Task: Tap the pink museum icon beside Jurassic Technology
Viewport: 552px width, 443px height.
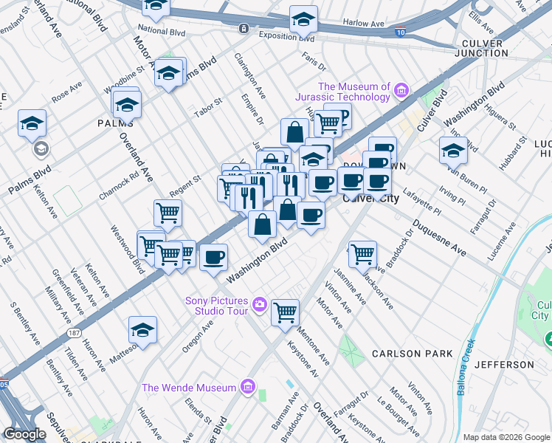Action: coord(401,91)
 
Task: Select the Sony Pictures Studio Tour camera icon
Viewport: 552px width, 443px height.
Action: coord(259,303)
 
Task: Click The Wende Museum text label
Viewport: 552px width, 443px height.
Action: coord(189,388)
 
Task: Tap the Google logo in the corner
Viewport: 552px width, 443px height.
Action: coord(24,434)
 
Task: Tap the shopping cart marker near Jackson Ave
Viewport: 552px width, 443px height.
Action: coord(362,254)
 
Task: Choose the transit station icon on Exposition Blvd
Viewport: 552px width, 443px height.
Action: coord(244,28)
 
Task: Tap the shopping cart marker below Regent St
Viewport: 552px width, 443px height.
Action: coord(168,213)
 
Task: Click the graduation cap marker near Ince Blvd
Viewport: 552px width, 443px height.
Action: coord(453,150)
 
